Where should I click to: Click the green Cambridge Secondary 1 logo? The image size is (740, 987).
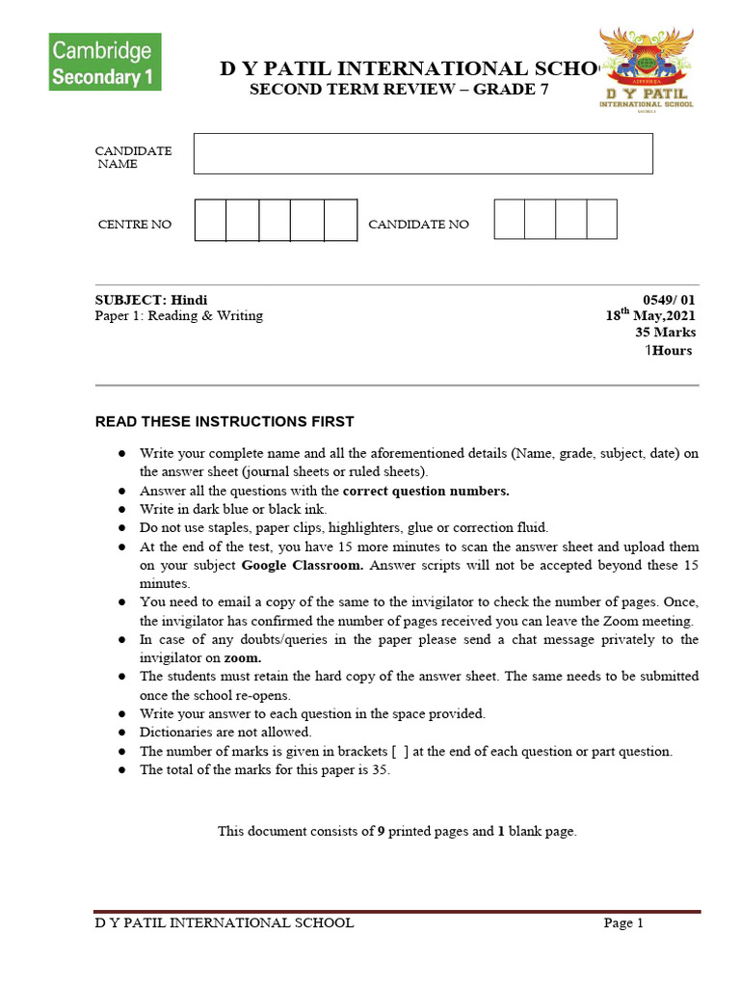tap(105, 62)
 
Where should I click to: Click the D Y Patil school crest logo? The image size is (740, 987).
tap(646, 68)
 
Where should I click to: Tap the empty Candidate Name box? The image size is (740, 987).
tap(423, 153)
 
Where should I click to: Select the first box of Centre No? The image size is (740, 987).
tap(210, 220)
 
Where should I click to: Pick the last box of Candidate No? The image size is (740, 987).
tap(601, 219)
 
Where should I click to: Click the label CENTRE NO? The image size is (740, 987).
tap(135, 225)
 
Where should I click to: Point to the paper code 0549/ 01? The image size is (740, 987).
tap(669, 300)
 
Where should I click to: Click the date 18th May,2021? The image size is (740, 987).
tap(649, 315)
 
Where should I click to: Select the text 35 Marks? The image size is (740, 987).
tap(665, 333)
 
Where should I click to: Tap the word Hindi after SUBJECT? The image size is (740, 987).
tap(189, 300)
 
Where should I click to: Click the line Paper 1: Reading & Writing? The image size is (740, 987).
tap(178, 315)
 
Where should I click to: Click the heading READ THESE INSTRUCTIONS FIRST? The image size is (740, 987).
tap(224, 421)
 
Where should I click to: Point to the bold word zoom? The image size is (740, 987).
tap(243, 658)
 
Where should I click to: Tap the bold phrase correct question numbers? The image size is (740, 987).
tap(426, 491)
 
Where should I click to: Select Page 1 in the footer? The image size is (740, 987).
tap(623, 923)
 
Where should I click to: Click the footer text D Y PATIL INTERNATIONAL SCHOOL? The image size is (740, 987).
tap(224, 923)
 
